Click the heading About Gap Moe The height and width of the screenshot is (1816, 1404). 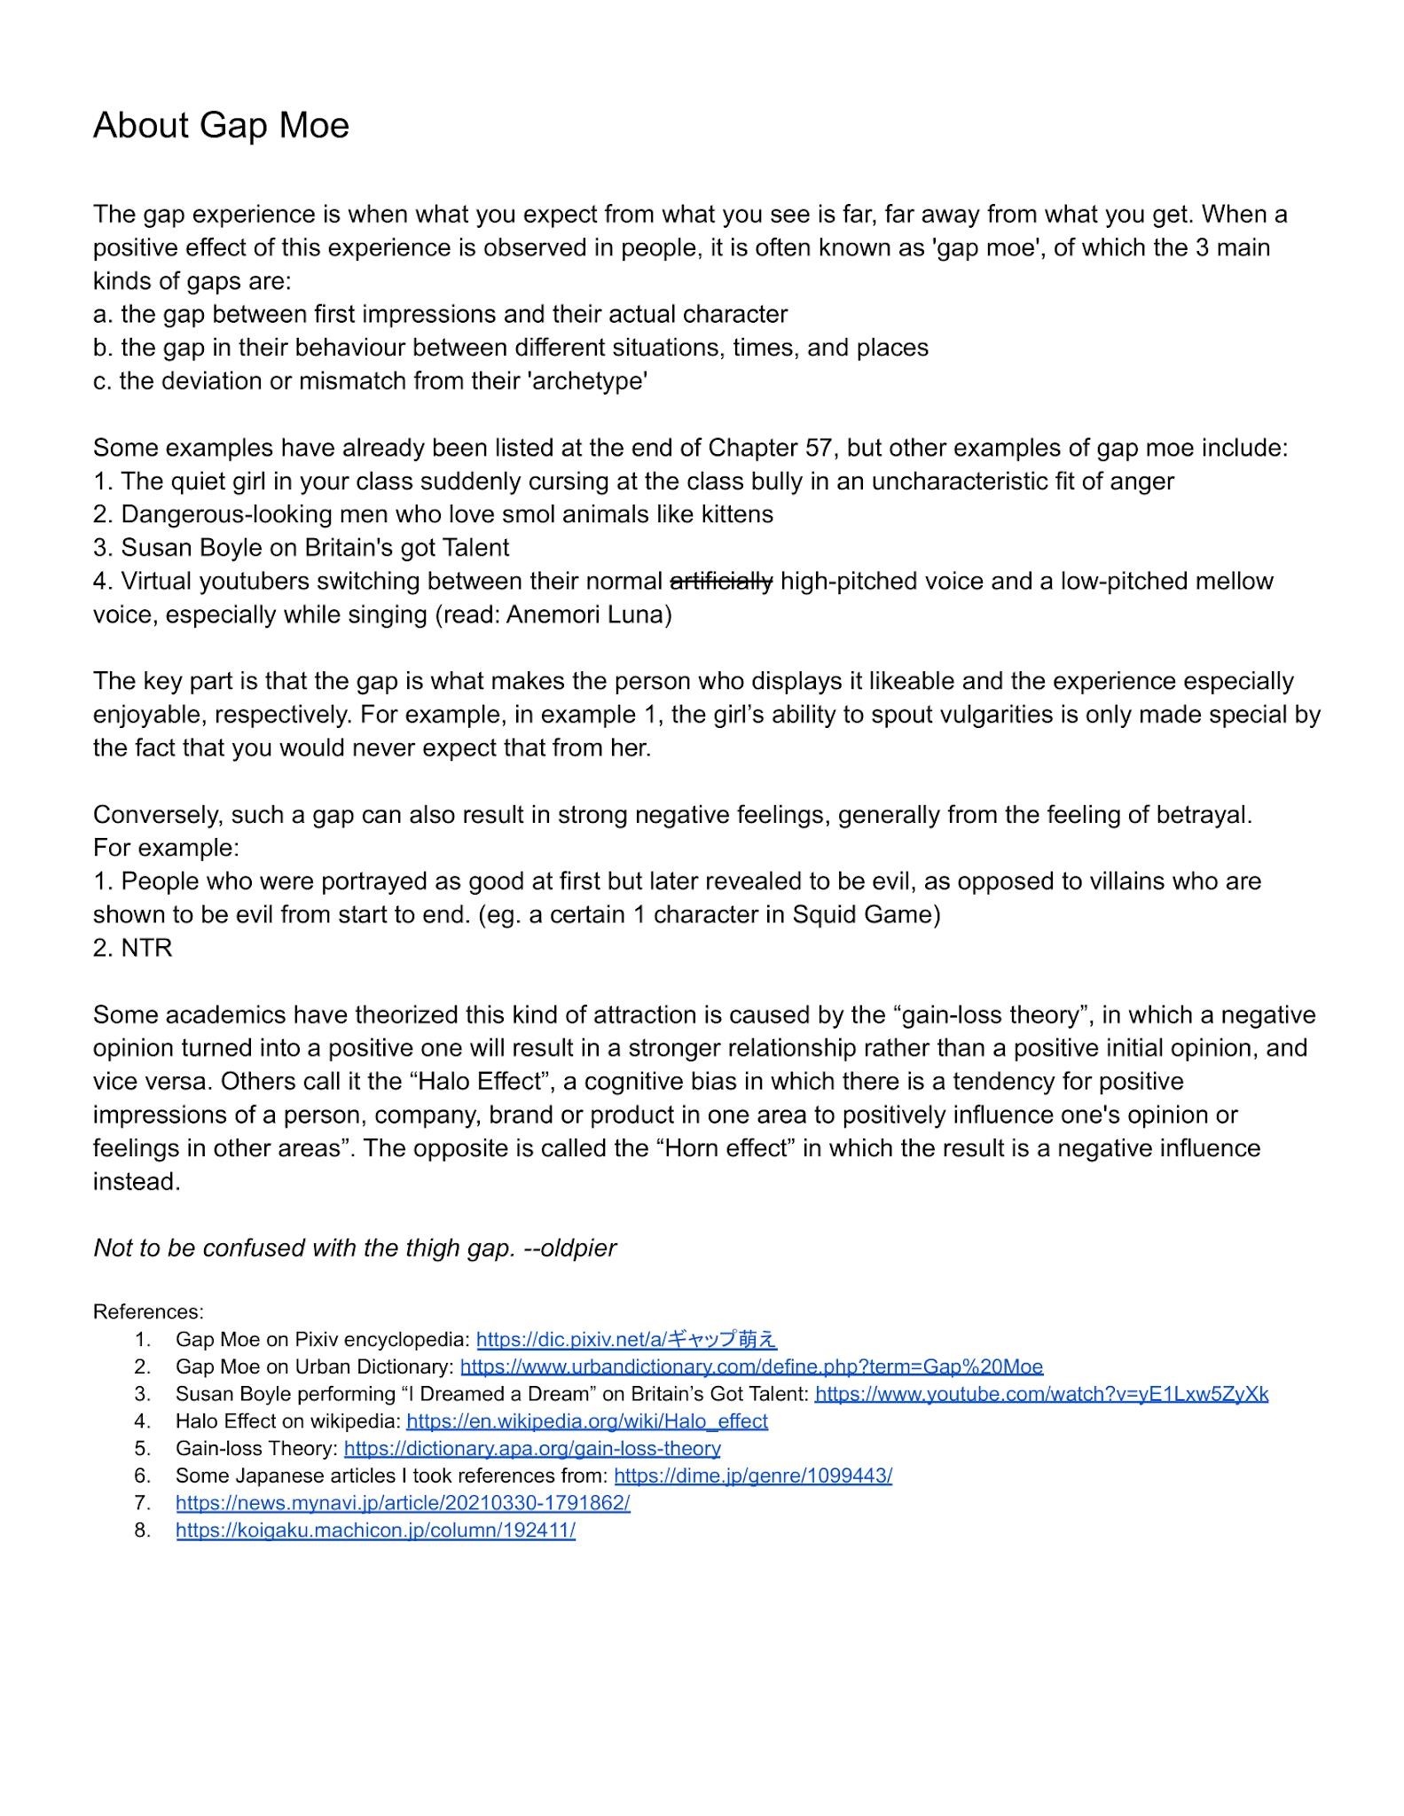click(221, 126)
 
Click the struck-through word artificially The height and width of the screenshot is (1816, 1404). click(721, 582)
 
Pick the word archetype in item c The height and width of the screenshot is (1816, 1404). click(587, 381)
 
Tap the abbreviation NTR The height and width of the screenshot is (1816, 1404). click(146, 948)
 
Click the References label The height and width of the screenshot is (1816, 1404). click(148, 1311)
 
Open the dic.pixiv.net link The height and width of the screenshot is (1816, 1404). click(626, 1339)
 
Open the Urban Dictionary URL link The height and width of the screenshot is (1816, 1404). click(751, 1366)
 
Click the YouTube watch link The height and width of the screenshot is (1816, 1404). click(1041, 1394)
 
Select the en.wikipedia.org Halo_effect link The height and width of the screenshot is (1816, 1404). click(586, 1421)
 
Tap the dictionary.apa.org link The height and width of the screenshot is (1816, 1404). click(532, 1448)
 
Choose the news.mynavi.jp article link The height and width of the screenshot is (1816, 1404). click(403, 1503)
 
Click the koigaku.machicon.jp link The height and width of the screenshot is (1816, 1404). click(375, 1530)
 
